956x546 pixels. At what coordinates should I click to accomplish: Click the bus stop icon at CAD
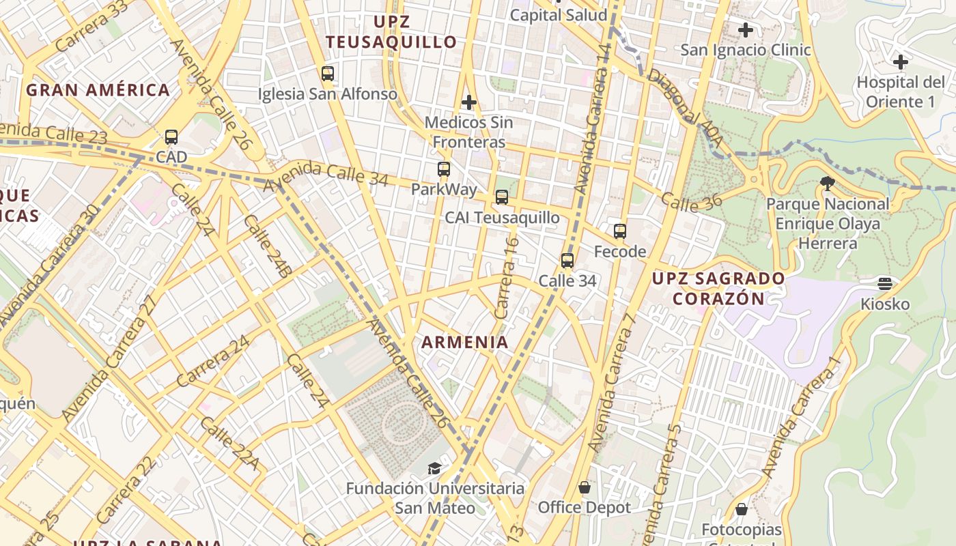pos(171,137)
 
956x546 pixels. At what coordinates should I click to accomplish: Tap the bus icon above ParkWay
pos(444,169)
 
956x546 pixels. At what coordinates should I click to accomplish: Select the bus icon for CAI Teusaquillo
pos(502,197)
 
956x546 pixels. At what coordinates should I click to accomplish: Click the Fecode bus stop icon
pos(620,231)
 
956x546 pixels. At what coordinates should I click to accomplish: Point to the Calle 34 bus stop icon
pos(567,261)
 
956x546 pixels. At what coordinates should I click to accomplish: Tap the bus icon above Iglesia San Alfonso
pos(328,74)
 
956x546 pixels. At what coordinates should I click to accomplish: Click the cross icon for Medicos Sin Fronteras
pos(468,102)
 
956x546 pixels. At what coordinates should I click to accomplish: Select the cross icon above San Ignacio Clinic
pos(746,30)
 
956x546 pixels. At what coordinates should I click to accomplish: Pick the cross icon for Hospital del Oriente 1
pos(901,62)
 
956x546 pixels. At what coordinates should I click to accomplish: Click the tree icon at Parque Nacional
pos(828,184)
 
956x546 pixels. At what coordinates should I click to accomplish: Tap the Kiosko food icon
pos(885,283)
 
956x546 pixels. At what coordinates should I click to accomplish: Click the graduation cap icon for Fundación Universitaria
pos(434,468)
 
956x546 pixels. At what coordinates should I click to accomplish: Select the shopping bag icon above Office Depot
pos(585,487)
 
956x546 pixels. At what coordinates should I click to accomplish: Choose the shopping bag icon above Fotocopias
pos(742,509)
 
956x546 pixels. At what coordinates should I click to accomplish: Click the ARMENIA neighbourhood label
pos(465,343)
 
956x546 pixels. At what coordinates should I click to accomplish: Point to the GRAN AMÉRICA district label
pos(98,90)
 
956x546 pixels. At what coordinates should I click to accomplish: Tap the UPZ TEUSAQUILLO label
pos(391,31)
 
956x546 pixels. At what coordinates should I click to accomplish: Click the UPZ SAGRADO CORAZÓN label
pos(718,289)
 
